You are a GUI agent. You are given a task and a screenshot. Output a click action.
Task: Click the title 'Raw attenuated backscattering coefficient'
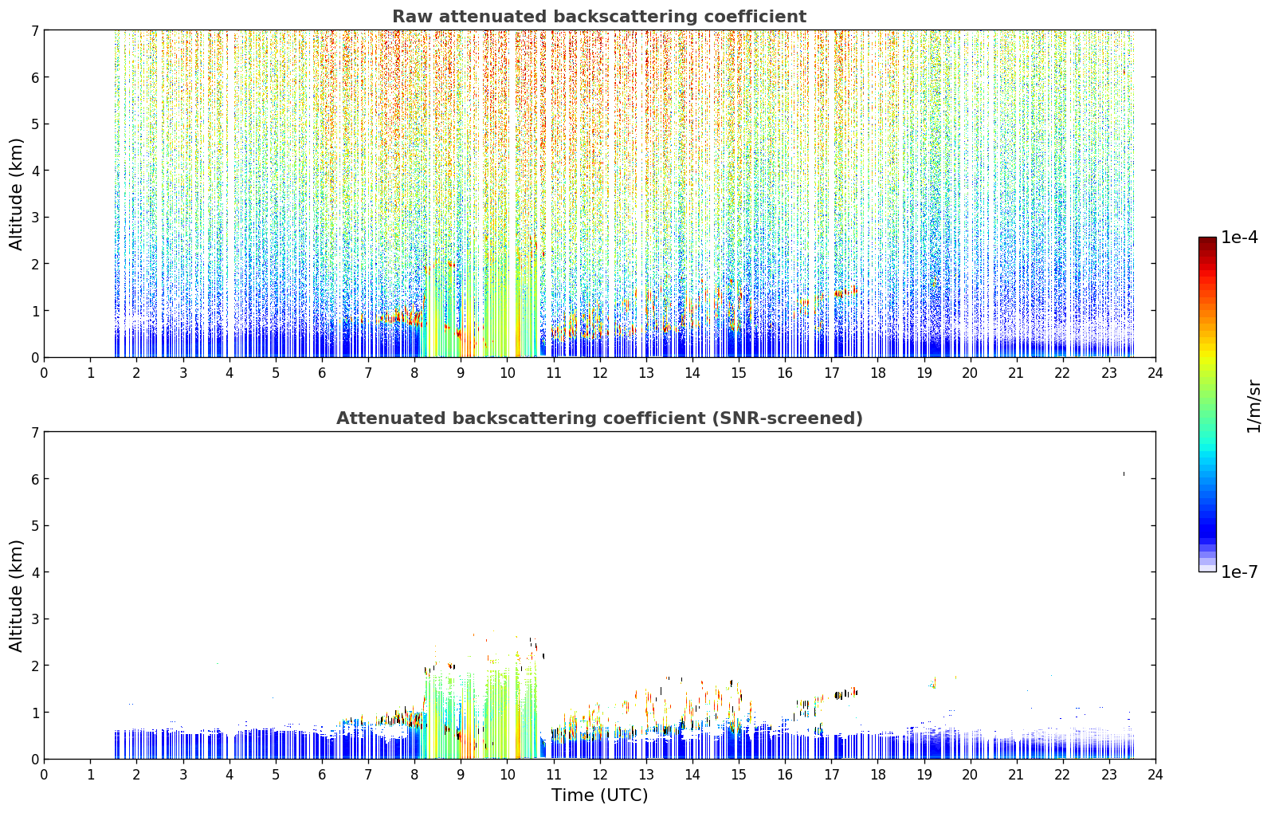pyautogui.click(x=599, y=17)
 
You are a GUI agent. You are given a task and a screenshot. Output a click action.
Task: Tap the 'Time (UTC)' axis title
pyautogui.click(x=599, y=795)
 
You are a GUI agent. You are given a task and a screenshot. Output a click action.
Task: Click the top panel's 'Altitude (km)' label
pyautogui.click(x=16, y=194)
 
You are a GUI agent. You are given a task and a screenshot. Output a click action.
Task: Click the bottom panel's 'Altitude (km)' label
pyautogui.click(x=16, y=596)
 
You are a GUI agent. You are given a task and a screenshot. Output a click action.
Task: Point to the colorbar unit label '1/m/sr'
pyautogui.click(x=1253, y=406)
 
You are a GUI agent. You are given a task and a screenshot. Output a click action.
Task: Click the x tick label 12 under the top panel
pyautogui.click(x=600, y=373)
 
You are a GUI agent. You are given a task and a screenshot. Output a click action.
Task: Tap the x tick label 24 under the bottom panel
pyautogui.click(x=1155, y=775)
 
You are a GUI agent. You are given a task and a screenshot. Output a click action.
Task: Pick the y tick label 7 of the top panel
pyautogui.click(x=34, y=30)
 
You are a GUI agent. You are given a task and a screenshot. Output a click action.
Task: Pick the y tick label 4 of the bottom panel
pyautogui.click(x=34, y=572)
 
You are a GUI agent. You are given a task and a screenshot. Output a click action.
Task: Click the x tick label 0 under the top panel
pyautogui.click(x=45, y=373)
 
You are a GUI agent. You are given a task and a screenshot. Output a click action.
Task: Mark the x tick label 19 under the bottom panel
pyautogui.click(x=924, y=775)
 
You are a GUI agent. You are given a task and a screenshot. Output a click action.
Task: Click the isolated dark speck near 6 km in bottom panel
pyautogui.click(x=1124, y=473)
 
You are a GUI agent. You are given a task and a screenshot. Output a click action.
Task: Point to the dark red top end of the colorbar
pyautogui.click(x=1207, y=239)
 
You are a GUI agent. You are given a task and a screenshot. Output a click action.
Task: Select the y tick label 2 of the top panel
pyautogui.click(x=34, y=264)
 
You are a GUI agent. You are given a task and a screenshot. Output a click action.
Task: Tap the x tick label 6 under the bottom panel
pyautogui.click(x=322, y=775)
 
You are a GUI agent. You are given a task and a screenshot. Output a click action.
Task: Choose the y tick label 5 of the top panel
pyautogui.click(x=34, y=124)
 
